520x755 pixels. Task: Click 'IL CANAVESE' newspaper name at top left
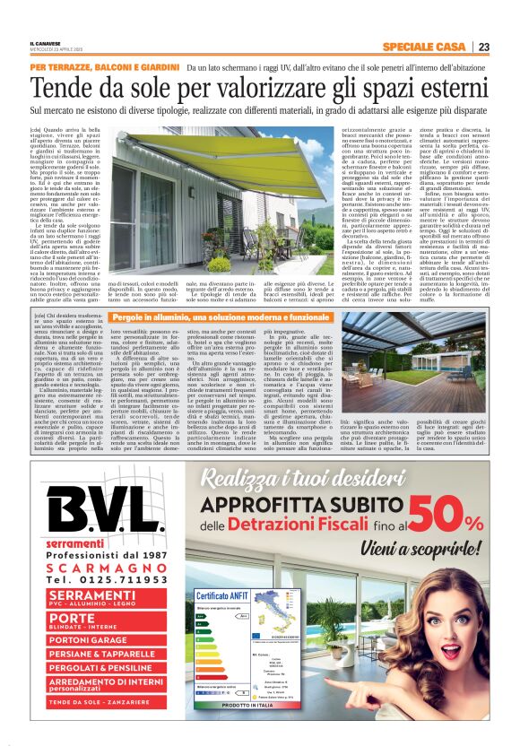(44, 44)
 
